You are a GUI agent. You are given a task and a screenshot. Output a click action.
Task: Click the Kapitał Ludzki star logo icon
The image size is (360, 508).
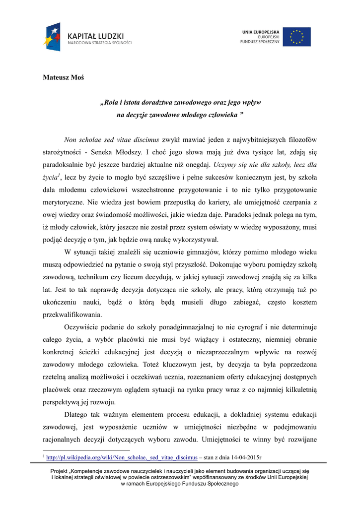(52, 36)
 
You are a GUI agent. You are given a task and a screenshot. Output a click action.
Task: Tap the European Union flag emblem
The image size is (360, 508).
(297, 37)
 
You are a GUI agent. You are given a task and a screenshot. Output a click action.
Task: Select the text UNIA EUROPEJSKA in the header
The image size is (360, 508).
(261, 32)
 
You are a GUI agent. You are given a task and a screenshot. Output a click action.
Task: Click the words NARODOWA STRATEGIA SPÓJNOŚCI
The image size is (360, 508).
(100, 43)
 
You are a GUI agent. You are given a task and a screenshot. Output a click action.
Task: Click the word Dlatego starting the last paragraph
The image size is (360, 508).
(77, 414)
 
